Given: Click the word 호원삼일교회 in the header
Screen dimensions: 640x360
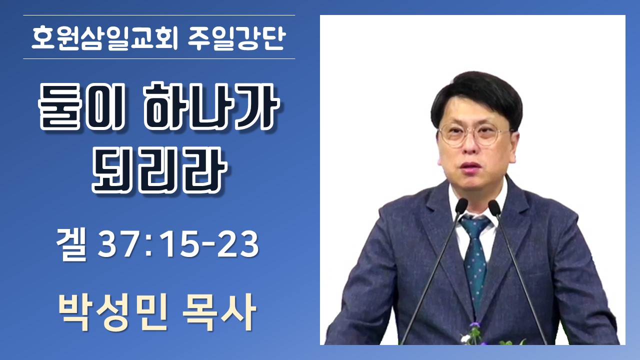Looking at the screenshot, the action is pos(104,38).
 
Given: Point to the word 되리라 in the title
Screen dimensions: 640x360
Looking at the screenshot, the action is pos(159,169).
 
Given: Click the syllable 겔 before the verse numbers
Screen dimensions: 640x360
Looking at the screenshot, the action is pos(71,245).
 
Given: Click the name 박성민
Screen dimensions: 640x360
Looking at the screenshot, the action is pos(113,312).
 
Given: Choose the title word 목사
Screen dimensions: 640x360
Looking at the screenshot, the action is pos(219,312).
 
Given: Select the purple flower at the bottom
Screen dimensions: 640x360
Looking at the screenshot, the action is pos(474,325).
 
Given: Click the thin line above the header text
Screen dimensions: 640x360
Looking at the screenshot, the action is pos(159,15).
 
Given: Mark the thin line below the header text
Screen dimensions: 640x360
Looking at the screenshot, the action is pos(159,59).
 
